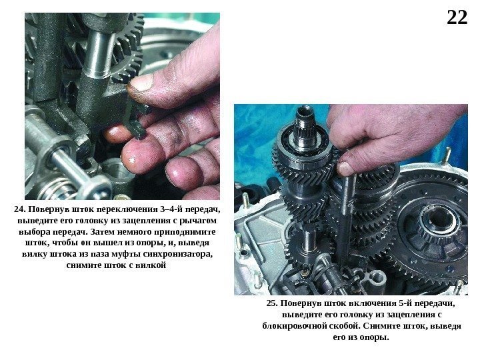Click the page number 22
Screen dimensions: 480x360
[x=457, y=18]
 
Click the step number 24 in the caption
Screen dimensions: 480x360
[x=19, y=209]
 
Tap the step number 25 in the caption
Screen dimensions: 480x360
[x=271, y=303]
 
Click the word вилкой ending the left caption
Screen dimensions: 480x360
[x=151, y=265]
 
